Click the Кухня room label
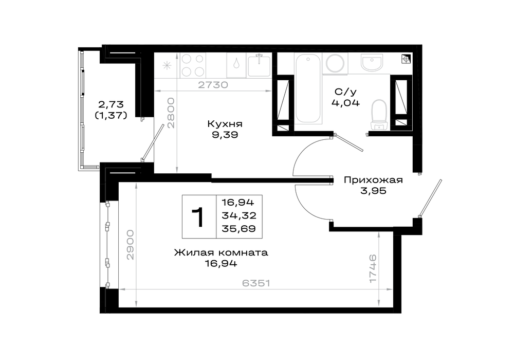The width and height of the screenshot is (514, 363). pos(225,124)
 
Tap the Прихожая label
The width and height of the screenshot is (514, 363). pos(373,180)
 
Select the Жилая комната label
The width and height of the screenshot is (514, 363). pos(221,252)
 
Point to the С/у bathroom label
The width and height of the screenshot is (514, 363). pos(345,92)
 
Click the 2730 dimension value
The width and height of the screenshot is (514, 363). pos(213,85)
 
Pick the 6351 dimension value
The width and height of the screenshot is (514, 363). pos(256,283)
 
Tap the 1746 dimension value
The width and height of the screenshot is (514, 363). pos(373,268)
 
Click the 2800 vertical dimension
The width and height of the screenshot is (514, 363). pos(171,113)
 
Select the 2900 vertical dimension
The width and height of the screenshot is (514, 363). pos(130,245)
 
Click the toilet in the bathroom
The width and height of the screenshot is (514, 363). pos(380,115)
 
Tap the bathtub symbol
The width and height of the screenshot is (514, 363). pos(308,88)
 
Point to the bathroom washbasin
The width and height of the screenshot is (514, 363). pos(372,63)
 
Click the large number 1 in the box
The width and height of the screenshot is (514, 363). pos(198,217)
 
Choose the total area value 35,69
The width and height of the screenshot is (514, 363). pos(238,229)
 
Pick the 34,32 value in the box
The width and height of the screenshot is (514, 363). pos(239,215)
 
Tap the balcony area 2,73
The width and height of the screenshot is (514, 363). pos(111,104)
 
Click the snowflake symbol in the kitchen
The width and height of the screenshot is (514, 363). pos(167,66)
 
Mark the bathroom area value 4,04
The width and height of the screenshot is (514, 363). pos(345,103)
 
